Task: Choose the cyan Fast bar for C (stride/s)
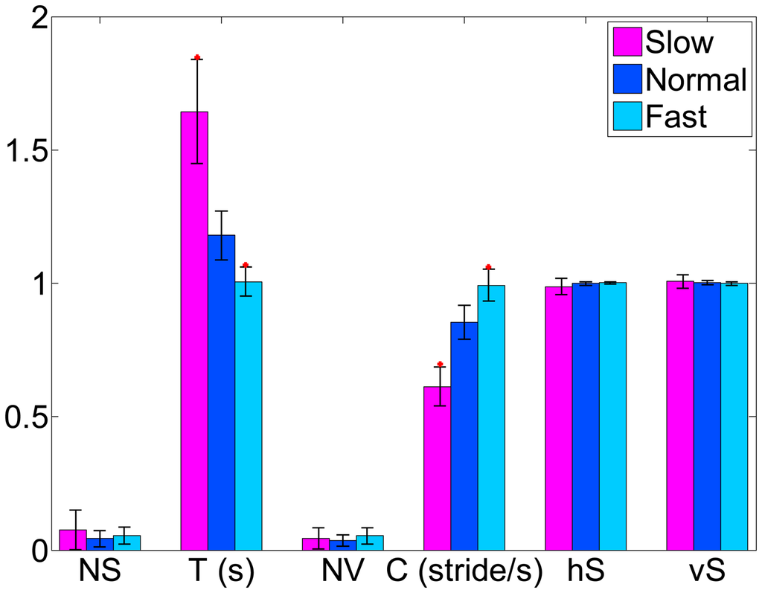(x=491, y=417)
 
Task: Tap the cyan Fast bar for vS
(x=734, y=416)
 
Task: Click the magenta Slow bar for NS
(x=73, y=539)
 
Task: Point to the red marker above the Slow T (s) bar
(x=197, y=57)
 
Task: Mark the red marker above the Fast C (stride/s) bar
(x=488, y=266)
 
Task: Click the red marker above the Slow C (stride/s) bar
(x=440, y=364)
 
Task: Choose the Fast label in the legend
(x=676, y=116)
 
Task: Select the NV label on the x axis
(x=342, y=571)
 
